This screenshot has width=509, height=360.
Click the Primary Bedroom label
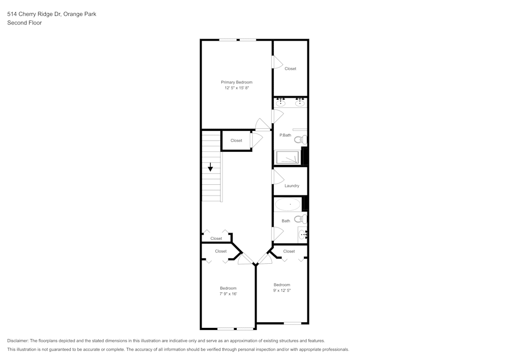tap(236, 82)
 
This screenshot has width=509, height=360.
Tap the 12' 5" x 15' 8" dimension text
tap(236, 88)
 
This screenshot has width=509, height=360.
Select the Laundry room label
tap(292, 186)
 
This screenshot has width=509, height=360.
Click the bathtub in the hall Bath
tap(288, 204)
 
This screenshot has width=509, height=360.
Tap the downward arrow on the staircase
tap(210, 167)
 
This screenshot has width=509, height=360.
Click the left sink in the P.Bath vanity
tap(280, 103)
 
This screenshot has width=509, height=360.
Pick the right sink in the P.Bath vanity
tap(300, 103)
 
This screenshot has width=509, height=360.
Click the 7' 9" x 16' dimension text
tap(228, 294)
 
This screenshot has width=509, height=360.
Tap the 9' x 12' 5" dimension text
tap(281, 290)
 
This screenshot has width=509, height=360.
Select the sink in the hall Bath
tap(302, 234)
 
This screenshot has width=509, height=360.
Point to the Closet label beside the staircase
tap(236, 141)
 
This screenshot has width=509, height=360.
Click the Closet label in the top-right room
tap(290, 69)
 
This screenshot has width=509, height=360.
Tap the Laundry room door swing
tap(277, 177)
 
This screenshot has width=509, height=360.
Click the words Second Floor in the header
tap(24, 23)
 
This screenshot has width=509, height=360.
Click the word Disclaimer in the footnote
tap(18, 341)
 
